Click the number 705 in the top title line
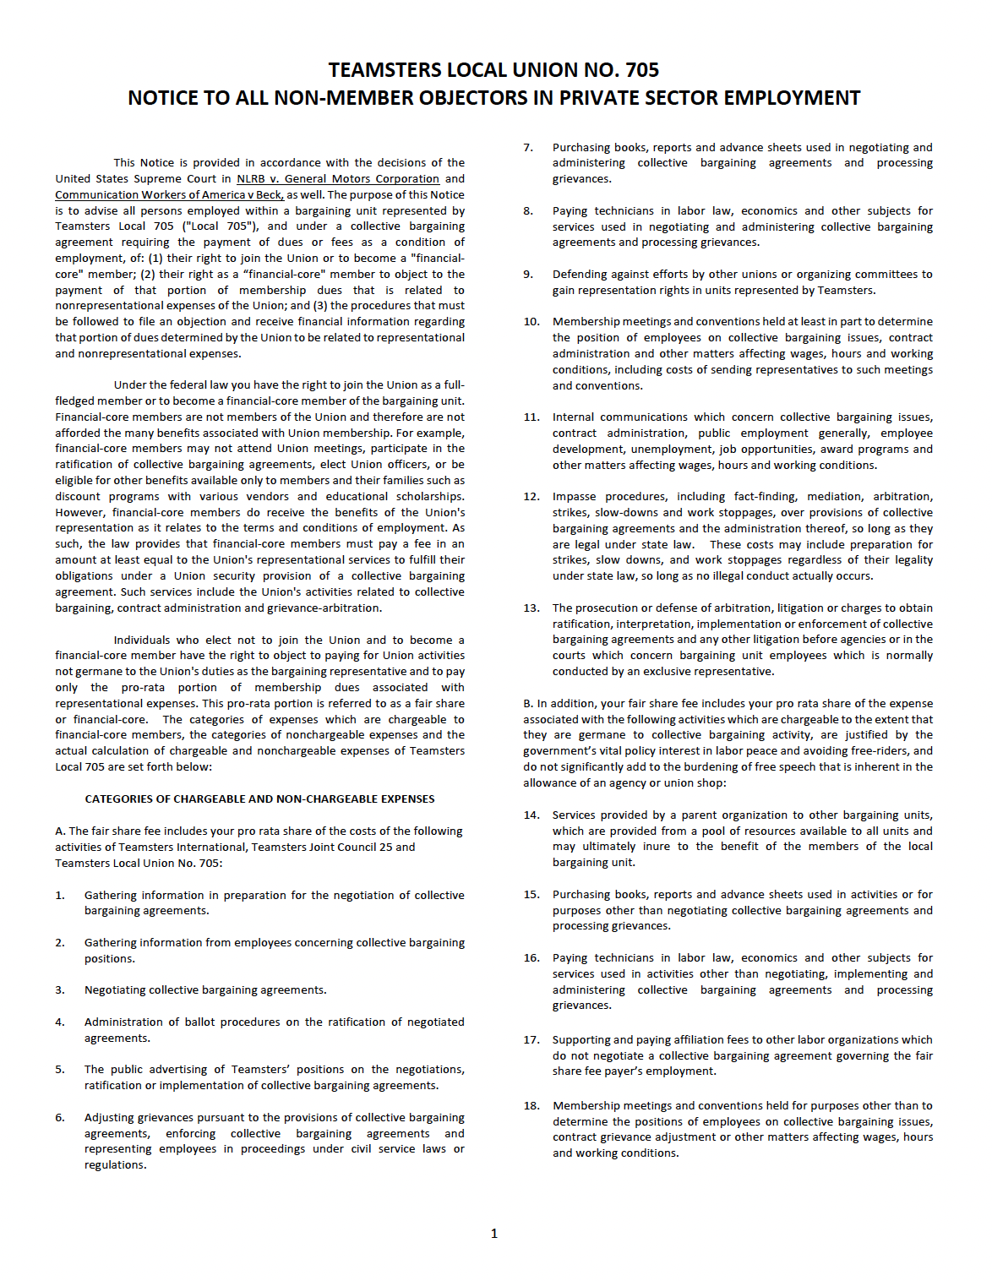641,70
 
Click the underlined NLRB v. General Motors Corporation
338,179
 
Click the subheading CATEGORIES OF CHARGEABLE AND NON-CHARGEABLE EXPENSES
259,799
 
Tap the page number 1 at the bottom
494,1234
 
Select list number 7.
527,148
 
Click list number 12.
531,497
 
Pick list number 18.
531,1106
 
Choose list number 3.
60,990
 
